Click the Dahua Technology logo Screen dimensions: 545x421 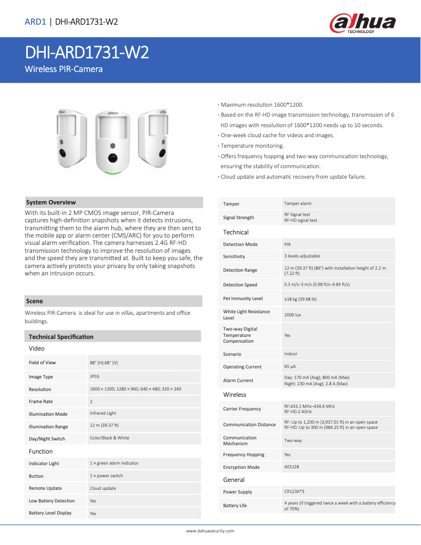[362, 23]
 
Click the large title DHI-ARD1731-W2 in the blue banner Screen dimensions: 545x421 [87, 53]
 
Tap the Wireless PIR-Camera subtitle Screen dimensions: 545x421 [64, 69]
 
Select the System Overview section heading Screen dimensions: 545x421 [51, 202]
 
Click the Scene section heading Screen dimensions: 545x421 [35, 301]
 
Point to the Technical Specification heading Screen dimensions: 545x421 [61, 336]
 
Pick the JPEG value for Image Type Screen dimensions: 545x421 [94, 376]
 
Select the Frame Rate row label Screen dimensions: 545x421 [41, 402]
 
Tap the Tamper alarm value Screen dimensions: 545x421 [298, 203]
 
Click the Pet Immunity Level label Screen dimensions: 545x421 [243, 299]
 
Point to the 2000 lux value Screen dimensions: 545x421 [293, 315]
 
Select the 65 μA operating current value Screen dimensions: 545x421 [290, 366]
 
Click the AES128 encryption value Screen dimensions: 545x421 [291, 467]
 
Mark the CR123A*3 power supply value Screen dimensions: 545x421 [294, 491]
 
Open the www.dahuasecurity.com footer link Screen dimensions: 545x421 [210, 531]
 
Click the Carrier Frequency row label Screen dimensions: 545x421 [242, 408]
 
